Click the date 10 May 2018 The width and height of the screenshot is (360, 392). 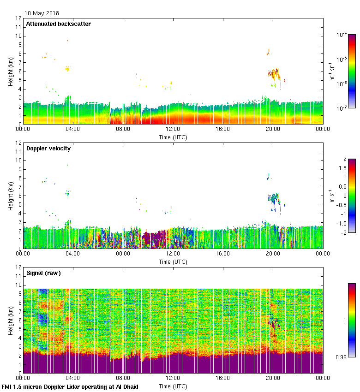coord(42,13)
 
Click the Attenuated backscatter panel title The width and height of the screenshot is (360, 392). coord(58,24)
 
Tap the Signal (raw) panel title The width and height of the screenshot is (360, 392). coord(43,273)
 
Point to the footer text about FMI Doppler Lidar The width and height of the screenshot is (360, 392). coord(70,386)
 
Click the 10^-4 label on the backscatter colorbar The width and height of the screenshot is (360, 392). coord(342,35)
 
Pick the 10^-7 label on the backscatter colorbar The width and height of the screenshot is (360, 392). coord(342,108)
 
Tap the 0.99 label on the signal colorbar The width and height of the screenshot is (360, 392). coord(342,357)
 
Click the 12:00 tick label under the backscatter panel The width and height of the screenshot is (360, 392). coord(173,130)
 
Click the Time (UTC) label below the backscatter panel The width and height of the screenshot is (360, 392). coord(173,137)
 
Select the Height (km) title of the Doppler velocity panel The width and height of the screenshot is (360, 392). coord(10,196)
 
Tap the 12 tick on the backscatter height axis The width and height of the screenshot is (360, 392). coord(18,18)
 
